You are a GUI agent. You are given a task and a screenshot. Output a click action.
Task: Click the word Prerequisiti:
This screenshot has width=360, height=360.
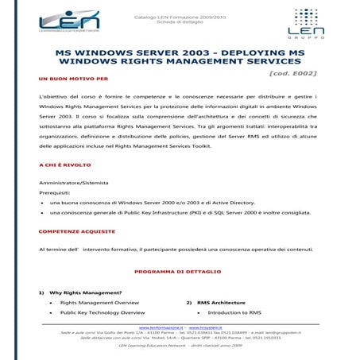point(55,193)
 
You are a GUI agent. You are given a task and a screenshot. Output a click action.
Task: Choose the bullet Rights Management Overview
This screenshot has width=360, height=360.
point(99,303)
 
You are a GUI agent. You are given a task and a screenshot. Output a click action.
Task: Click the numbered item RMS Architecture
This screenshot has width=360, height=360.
point(221,303)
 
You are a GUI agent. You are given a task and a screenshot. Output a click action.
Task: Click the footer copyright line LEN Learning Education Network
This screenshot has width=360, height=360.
point(180,346)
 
